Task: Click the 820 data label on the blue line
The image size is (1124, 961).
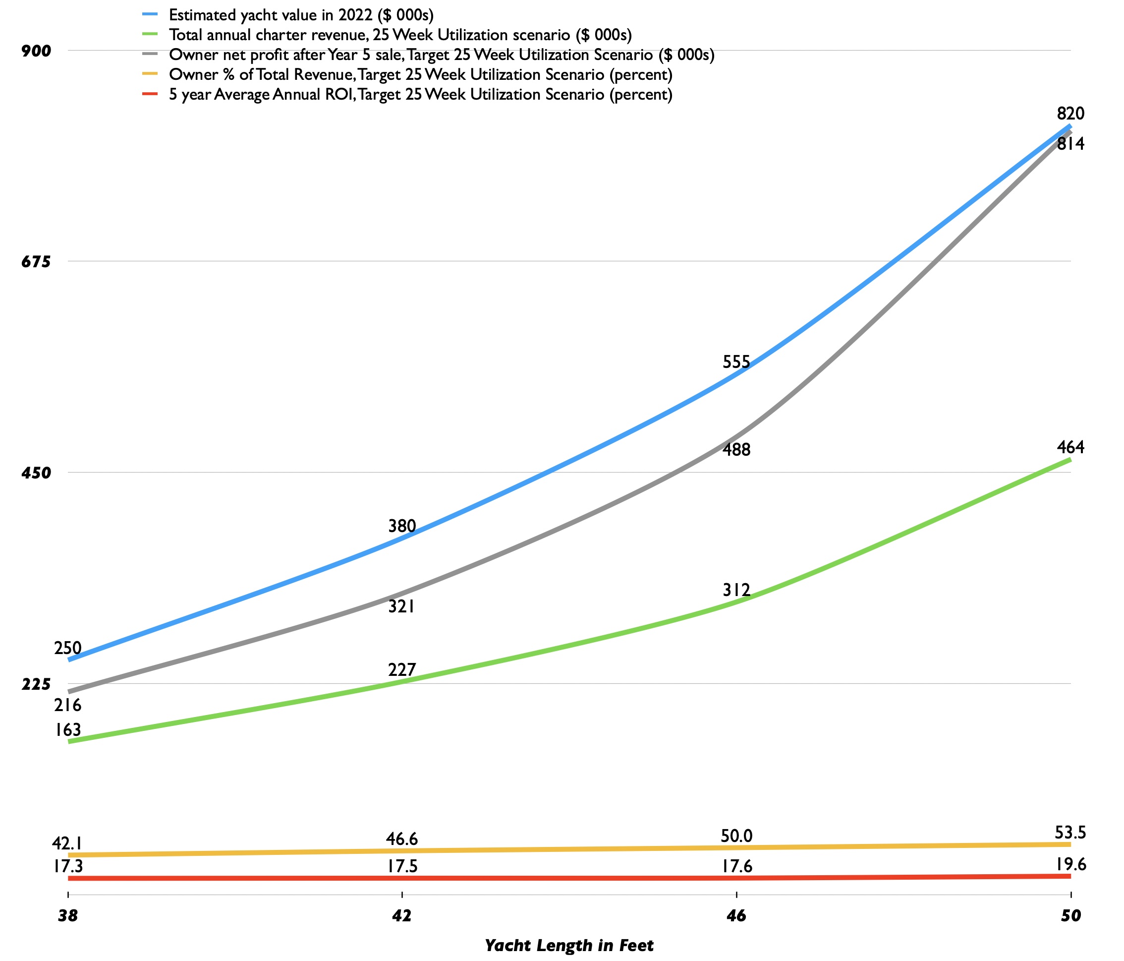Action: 1070,114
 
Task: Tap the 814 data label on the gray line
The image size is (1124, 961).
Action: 1070,144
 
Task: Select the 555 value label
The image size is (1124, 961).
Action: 736,361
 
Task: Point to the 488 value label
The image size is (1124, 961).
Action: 736,449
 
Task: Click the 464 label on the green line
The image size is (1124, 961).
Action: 1070,447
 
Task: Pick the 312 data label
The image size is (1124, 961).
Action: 736,590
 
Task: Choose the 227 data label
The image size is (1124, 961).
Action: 402,669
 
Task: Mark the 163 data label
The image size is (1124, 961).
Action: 68,730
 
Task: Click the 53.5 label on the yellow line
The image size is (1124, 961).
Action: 1071,833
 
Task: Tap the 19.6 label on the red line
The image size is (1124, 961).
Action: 1071,864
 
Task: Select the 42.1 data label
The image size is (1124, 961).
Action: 67,844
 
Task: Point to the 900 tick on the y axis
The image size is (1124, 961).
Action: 36,51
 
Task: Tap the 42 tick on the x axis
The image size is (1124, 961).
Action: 402,916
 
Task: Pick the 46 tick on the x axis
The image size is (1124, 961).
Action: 736,916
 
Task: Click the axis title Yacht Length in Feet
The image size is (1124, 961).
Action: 569,945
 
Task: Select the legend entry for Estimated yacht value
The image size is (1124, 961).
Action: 301,15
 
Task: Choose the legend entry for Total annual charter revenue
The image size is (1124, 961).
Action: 400,35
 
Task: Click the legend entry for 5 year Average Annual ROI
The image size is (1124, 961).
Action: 420,94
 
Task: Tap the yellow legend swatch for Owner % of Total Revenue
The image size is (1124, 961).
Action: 150,74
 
